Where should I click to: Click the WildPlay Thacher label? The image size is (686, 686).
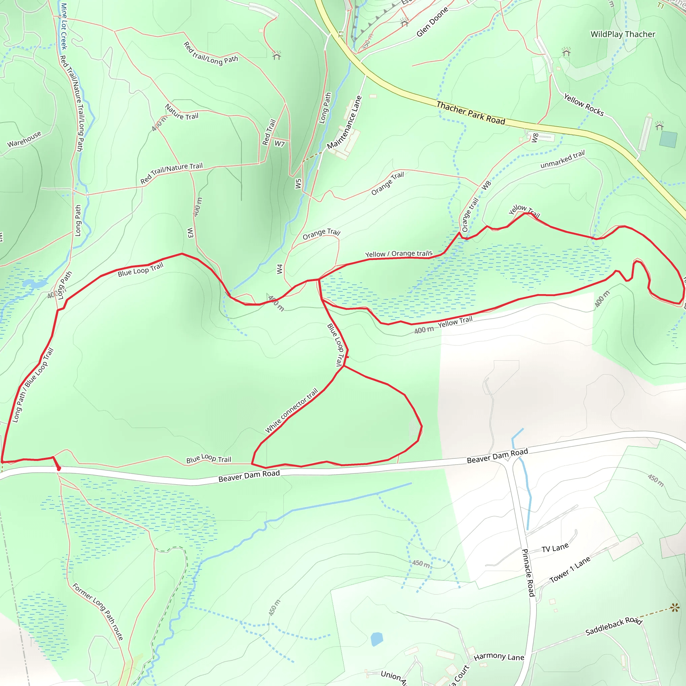(623, 35)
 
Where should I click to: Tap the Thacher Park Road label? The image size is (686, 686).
(471, 113)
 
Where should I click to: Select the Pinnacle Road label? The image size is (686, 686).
(528, 572)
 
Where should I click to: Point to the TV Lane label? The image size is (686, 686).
(555, 548)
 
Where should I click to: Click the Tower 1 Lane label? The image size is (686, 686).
(570, 569)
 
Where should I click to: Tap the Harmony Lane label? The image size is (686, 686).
(499, 657)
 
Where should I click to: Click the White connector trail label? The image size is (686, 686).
(291, 410)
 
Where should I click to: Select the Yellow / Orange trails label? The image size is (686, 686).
(399, 254)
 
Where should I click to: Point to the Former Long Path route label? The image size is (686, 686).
(98, 612)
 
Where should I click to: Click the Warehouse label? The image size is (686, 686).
(24, 139)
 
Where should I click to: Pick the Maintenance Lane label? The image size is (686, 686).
(344, 122)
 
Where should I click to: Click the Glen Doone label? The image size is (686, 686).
(432, 22)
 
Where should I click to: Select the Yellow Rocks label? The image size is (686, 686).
(584, 105)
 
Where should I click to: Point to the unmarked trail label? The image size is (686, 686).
(562, 159)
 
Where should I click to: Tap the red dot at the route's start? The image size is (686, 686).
(59, 469)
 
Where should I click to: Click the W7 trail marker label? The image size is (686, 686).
(279, 144)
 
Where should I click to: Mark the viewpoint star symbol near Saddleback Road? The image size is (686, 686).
(675, 608)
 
